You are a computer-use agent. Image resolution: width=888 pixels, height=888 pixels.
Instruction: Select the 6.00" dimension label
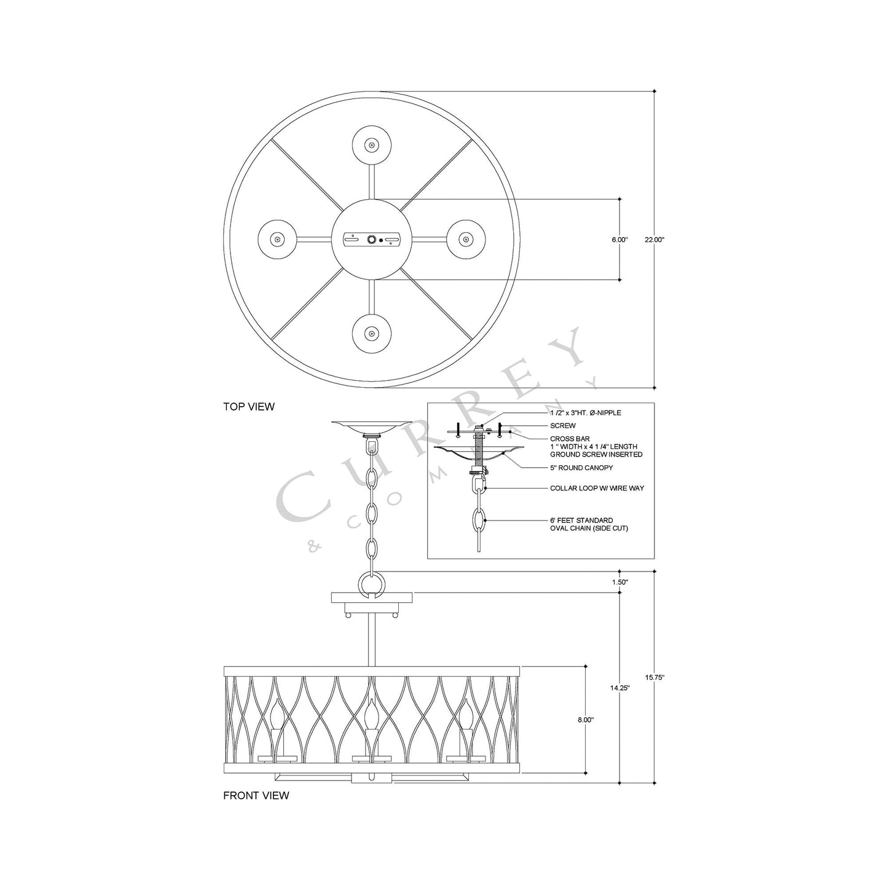tap(619, 240)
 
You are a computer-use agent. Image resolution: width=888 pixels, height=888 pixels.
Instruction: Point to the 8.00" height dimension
tap(585, 719)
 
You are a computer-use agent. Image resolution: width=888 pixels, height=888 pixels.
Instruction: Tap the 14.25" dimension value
tap(619, 688)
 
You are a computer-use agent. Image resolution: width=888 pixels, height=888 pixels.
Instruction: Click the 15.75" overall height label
tap(654, 677)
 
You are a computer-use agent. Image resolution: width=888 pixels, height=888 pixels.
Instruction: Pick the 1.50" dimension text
tap(619, 581)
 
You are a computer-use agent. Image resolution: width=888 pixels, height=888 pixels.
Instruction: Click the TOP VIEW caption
tap(248, 406)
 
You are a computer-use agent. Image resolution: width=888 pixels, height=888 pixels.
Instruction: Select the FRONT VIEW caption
tap(256, 795)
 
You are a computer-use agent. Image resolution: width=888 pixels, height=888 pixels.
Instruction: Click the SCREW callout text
tap(562, 425)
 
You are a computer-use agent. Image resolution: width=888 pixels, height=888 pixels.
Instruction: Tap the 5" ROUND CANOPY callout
tap(581, 468)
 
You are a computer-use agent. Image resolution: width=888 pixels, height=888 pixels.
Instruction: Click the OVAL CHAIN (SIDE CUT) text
tap(589, 528)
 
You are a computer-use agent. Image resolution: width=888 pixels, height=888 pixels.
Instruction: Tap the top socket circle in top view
tap(371, 146)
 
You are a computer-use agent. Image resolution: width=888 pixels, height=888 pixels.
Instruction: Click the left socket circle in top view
tap(277, 239)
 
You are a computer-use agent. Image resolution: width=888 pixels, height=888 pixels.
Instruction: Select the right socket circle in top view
tap(465, 239)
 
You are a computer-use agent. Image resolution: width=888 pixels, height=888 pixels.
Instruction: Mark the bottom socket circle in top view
tap(371, 333)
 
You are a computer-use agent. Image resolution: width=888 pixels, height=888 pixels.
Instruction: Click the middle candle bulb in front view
tap(371, 714)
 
